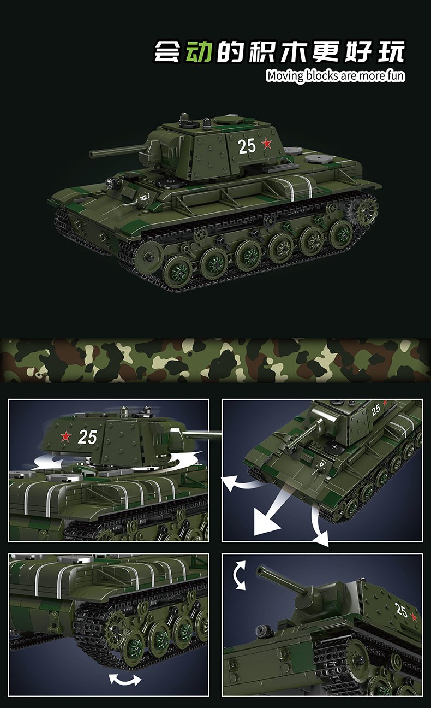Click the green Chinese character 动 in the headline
pyautogui.click(x=198, y=51)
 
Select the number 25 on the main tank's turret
pyautogui.click(x=247, y=146)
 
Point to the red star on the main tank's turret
pyautogui.click(x=267, y=143)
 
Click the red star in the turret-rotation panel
pyautogui.click(x=66, y=436)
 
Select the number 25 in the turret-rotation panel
pyautogui.click(x=87, y=437)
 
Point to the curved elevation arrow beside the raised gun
pyautogui.click(x=239, y=575)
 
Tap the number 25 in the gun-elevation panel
pyautogui.click(x=402, y=610)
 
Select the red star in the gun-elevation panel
pyautogui.click(x=414, y=617)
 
